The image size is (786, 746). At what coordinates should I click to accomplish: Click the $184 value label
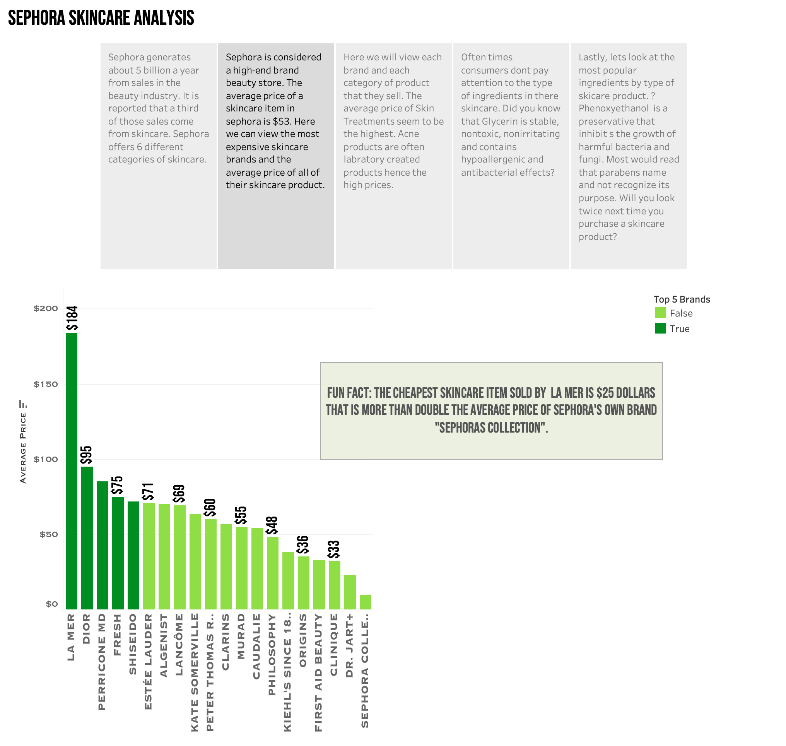(x=72, y=318)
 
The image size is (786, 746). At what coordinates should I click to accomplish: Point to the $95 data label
(x=86, y=455)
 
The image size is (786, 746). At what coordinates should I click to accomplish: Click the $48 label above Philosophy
(x=272, y=525)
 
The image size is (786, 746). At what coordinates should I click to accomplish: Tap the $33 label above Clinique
(x=334, y=549)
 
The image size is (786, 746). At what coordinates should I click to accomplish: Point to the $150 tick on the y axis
(x=46, y=385)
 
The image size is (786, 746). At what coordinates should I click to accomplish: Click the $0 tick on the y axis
(x=52, y=604)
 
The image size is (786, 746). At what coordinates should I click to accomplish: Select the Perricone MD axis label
(x=102, y=662)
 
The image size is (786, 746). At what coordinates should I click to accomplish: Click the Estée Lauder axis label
(x=148, y=662)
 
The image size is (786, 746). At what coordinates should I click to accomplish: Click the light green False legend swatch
(x=660, y=313)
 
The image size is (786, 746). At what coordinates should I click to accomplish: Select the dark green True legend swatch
(x=660, y=329)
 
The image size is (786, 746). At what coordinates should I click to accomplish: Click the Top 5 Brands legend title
(x=682, y=299)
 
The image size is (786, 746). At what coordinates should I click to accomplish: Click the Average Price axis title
(x=23, y=447)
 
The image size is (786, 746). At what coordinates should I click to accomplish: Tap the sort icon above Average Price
(x=23, y=404)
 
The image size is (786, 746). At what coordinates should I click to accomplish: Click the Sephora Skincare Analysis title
(x=101, y=18)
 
